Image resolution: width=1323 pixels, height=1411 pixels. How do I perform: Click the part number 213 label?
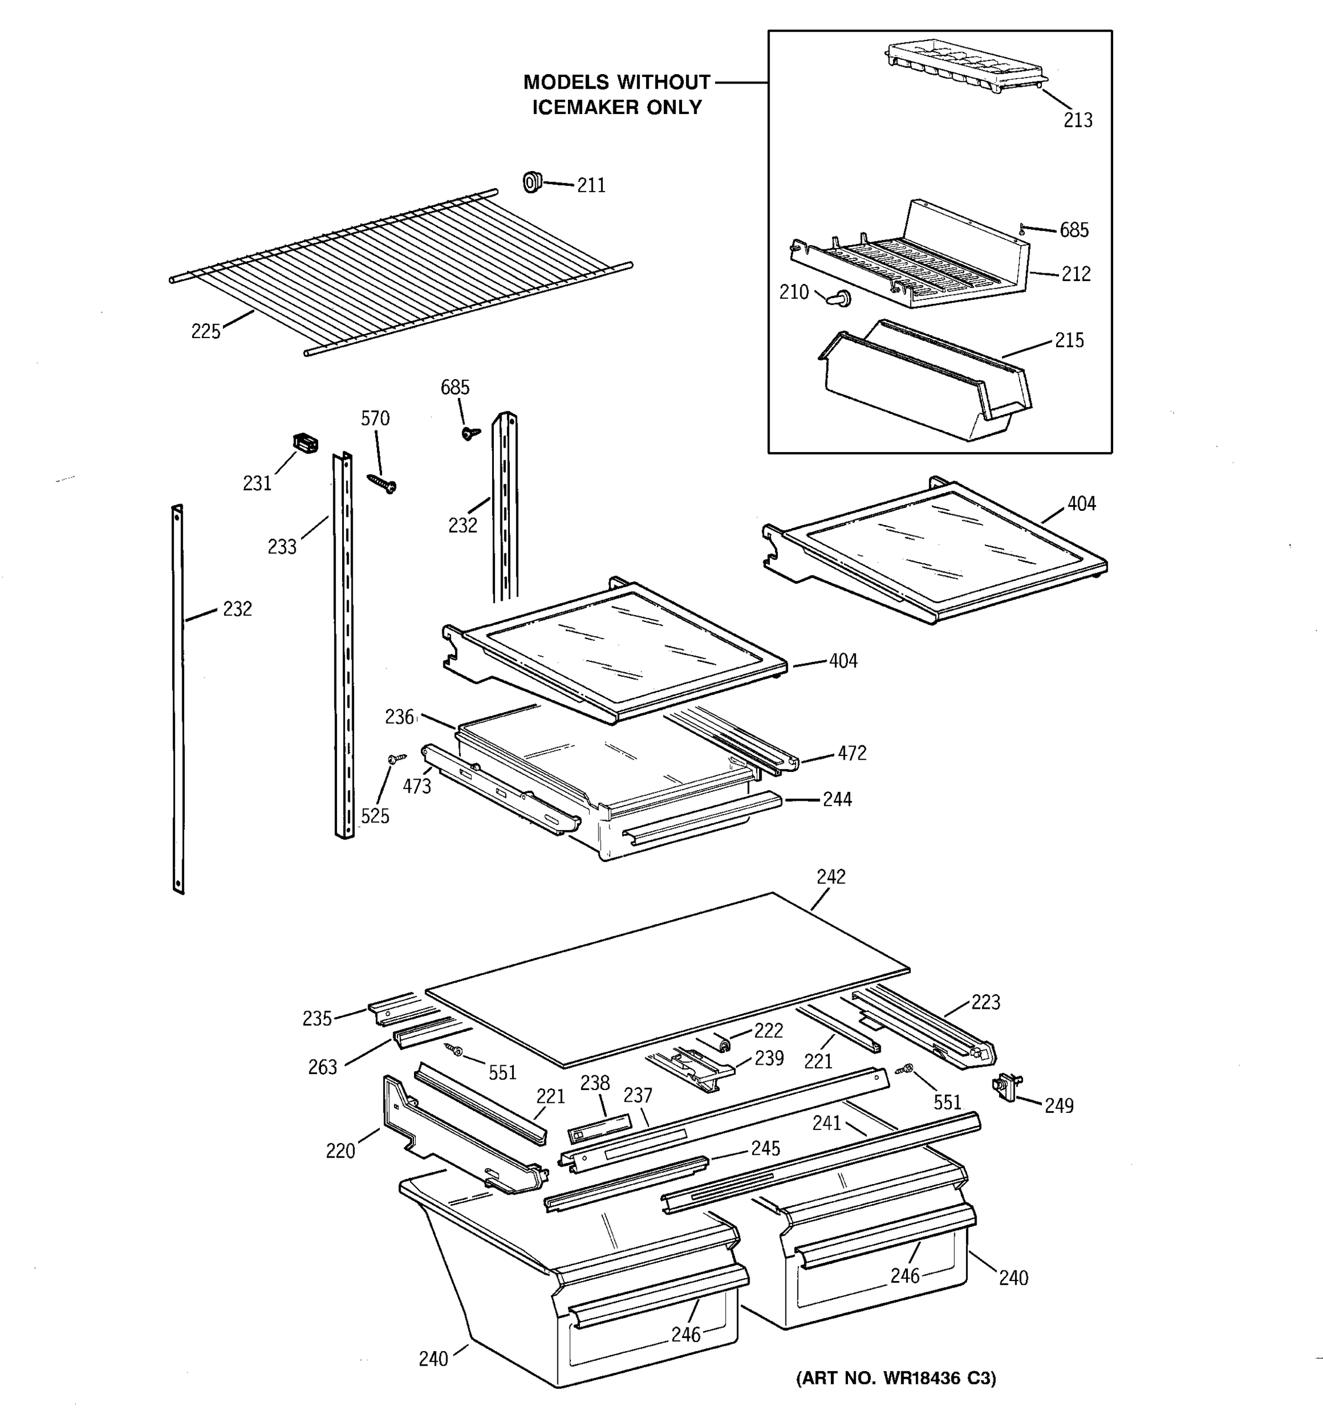pyautogui.click(x=1077, y=121)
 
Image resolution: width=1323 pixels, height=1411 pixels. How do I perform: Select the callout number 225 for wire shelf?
pyautogui.click(x=206, y=332)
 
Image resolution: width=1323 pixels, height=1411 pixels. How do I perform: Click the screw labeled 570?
pyautogui.click(x=383, y=483)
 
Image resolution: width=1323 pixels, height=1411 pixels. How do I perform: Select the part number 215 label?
pyautogui.click(x=1069, y=340)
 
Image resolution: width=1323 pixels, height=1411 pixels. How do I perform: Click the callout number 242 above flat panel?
pyautogui.click(x=830, y=877)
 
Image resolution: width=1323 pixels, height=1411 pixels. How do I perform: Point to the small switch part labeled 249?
pyautogui.click(x=1007, y=1086)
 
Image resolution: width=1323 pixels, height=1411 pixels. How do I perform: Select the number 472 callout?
pyautogui.click(x=851, y=753)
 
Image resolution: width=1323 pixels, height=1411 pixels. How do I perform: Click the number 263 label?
pyautogui.click(x=322, y=1068)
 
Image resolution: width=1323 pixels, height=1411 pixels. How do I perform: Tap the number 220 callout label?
pyautogui.click(x=340, y=1151)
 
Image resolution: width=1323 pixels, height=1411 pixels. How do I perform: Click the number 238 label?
pyautogui.click(x=595, y=1083)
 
